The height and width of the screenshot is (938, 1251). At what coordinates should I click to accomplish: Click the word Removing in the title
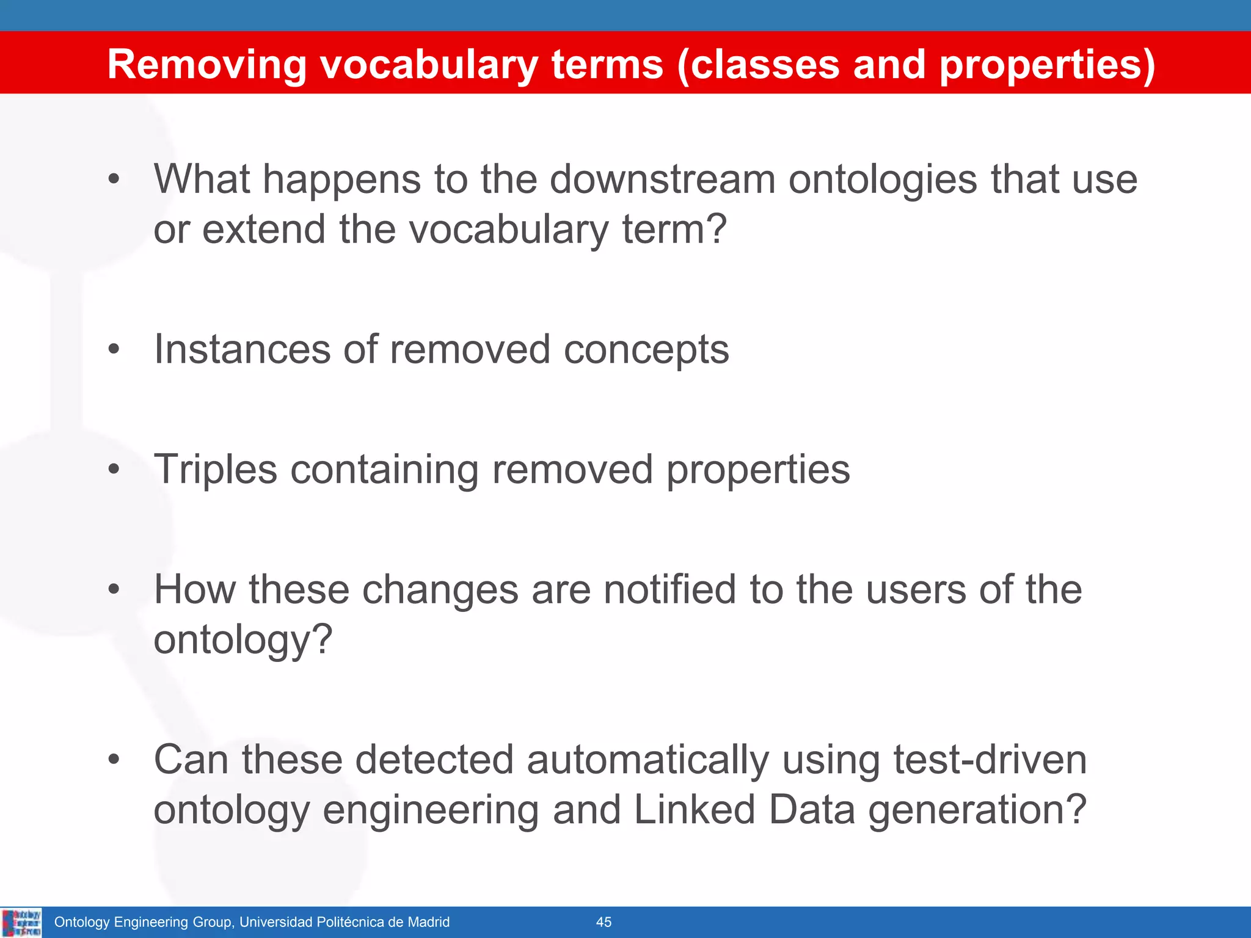pyautogui.click(x=206, y=65)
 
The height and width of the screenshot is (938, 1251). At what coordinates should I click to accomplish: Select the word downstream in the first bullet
pyautogui.click(x=662, y=180)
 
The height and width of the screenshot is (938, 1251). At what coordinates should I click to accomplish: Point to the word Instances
pyautogui.click(x=242, y=349)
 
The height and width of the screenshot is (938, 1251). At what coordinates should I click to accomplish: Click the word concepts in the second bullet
pyautogui.click(x=646, y=351)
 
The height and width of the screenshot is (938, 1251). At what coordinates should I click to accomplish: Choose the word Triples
pyautogui.click(x=216, y=470)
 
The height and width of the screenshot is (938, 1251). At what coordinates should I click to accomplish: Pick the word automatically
pyautogui.click(x=647, y=760)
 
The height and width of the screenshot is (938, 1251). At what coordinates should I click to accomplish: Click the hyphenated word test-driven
pyautogui.click(x=990, y=760)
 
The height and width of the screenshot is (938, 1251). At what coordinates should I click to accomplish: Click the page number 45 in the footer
pyautogui.click(x=604, y=922)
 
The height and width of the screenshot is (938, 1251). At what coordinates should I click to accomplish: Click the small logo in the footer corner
pyautogui.click(x=21, y=922)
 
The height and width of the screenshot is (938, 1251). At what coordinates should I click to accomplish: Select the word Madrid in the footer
pyautogui.click(x=427, y=922)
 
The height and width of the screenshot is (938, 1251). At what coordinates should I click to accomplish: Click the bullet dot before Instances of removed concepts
pyautogui.click(x=114, y=350)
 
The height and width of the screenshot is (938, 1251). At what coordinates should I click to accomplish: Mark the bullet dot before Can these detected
pyautogui.click(x=114, y=760)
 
